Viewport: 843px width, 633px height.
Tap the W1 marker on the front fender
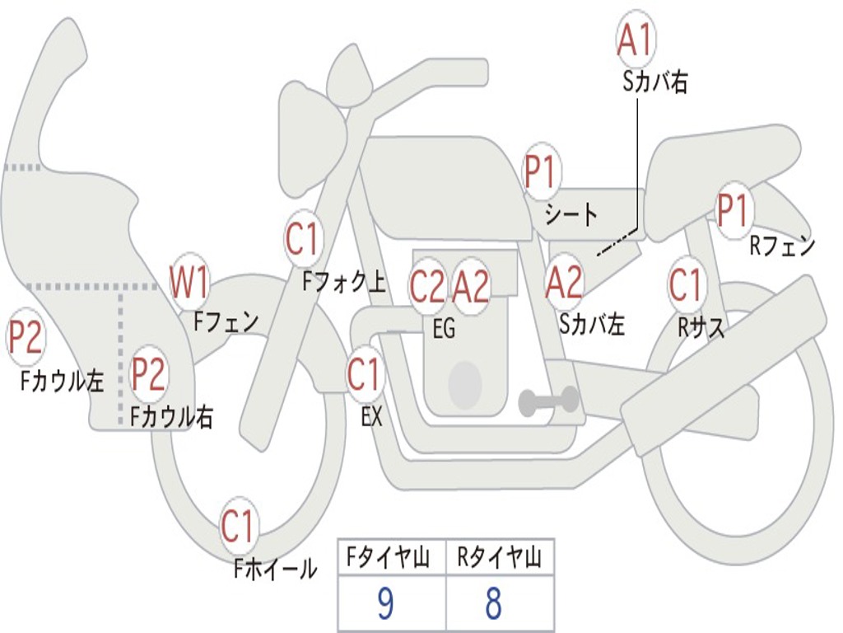(x=189, y=282)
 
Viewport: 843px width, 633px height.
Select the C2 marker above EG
(x=427, y=286)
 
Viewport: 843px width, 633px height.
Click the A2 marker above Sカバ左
(x=564, y=282)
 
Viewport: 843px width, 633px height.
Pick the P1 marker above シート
(x=542, y=172)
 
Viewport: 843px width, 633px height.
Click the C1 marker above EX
(x=364, y=374)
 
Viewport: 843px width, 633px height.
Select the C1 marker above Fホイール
(x=239, y=527)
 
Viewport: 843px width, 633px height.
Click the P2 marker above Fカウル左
(x=26, y=339)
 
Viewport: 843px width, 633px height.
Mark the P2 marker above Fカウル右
(x=149, y=374)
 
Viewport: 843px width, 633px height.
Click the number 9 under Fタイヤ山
(x=385, y=604)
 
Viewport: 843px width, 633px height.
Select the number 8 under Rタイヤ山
(x=493, y=604)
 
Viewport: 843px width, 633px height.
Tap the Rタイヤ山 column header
(x=499, y=560)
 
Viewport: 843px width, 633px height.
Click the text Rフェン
(x=781, y=246)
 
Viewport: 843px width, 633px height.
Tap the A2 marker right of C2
(x=472, y=286)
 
